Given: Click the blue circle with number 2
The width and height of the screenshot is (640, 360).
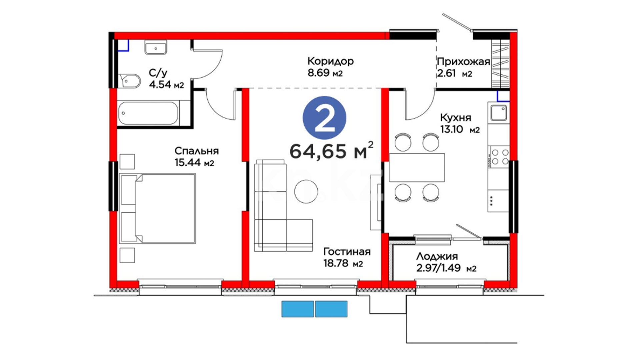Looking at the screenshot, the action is (324, 118).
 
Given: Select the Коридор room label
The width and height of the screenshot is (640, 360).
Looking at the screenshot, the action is (330, 61).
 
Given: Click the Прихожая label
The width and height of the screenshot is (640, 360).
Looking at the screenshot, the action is (463, 62).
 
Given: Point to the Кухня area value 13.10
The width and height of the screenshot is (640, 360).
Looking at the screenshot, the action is (451, 129).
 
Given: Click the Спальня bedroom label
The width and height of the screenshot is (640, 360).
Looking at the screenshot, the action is (197, 151).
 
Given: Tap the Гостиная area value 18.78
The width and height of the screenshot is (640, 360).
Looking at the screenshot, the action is (336, 263).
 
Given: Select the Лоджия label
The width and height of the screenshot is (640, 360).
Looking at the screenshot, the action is (437, 256).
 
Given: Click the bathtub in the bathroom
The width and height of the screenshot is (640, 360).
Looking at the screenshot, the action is (149, 113).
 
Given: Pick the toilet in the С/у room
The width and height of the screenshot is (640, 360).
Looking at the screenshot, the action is (129, 81).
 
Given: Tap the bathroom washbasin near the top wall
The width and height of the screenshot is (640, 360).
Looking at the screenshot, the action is (156, 47).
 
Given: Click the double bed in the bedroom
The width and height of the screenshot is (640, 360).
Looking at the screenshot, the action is (158, 208).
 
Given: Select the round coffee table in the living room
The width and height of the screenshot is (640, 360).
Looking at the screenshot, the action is (306, 191).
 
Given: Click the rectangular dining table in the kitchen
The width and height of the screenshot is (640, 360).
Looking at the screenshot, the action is (417, 167).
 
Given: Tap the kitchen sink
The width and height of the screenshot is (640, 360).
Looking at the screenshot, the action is (499, 112).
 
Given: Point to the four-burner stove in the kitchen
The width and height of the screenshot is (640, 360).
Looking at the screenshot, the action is (499, 157).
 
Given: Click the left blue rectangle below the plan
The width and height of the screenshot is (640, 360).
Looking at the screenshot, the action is (298, 309).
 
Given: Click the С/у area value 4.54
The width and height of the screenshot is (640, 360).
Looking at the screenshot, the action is (160, 85).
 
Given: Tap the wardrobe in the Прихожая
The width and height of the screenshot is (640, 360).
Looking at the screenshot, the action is (501, 63).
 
